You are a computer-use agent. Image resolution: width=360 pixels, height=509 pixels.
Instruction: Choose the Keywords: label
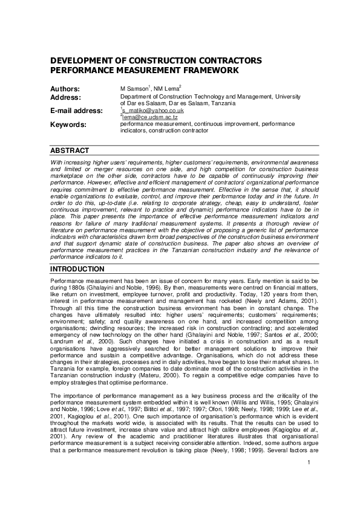[68, 125]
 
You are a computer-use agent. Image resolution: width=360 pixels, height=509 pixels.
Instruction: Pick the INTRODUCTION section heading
[77, 268]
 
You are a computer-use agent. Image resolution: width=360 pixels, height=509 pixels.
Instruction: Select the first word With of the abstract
[56, 162]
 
